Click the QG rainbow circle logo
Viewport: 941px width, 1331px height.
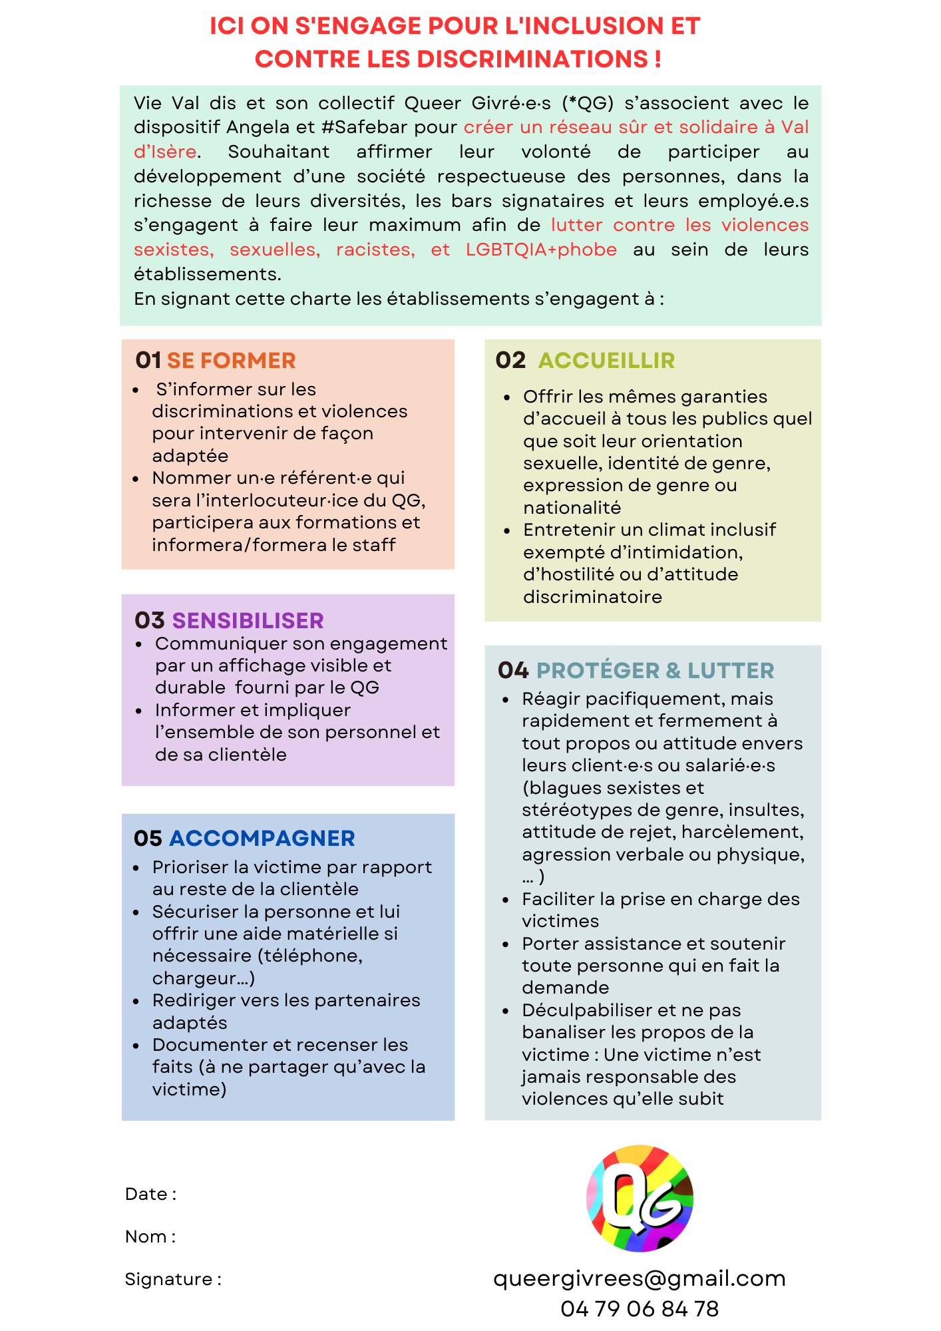640,1198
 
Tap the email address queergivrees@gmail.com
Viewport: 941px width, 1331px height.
640,1278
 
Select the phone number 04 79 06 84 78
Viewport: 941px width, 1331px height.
640,1309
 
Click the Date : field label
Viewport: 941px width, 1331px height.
151,1194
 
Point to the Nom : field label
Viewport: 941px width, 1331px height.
150,1236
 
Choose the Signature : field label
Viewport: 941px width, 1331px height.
173,1279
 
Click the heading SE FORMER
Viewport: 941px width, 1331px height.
231,361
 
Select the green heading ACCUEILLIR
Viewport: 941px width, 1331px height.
606,361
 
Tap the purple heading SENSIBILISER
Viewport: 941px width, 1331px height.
248,621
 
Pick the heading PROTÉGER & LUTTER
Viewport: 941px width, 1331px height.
655,671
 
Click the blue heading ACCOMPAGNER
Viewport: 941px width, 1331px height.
262,839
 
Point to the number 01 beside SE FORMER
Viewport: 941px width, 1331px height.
148,361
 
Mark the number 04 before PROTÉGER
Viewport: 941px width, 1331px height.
513,671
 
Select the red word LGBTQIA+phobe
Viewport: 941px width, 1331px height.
541,250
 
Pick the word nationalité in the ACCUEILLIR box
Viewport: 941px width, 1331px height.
572,508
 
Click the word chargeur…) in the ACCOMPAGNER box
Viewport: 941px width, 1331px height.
204,978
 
